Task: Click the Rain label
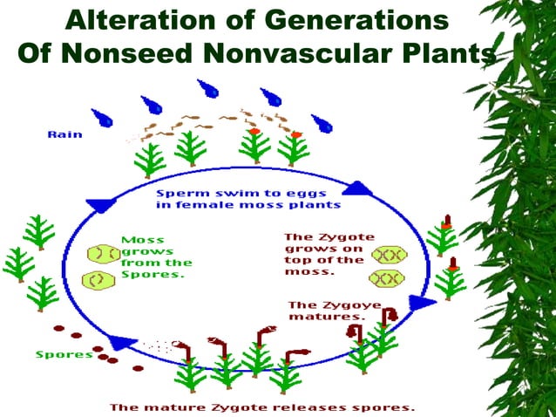64,134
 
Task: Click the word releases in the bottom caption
327,407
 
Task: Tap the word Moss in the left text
142,240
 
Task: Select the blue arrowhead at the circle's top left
101,206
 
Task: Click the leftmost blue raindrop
103,117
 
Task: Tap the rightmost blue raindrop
322,122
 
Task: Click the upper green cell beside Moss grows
103,254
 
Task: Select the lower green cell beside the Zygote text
388,279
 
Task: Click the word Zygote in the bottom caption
243,407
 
